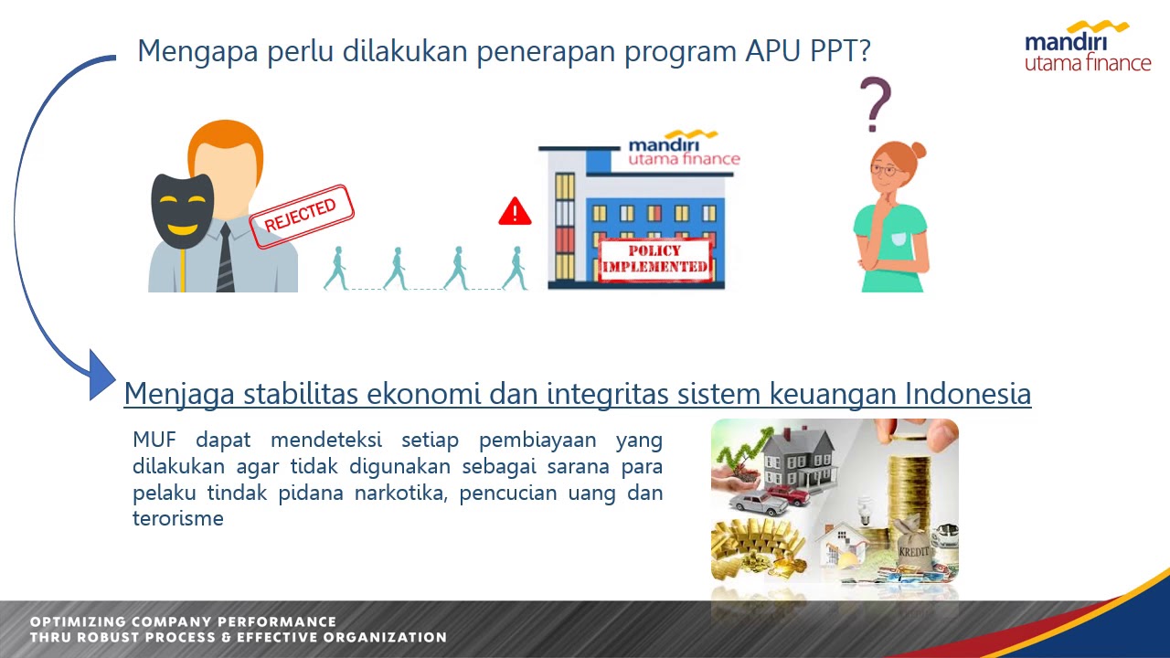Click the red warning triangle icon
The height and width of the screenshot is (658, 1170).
[515, 212]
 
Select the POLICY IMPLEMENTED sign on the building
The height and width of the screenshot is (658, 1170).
[654, 259]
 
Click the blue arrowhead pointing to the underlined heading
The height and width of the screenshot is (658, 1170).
[101, 375]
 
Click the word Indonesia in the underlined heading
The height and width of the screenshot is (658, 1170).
[968, 394]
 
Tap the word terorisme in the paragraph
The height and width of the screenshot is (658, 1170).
[177, 519]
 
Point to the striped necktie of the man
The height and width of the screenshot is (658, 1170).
[225, 260]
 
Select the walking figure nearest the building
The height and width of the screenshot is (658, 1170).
[515, 269]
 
